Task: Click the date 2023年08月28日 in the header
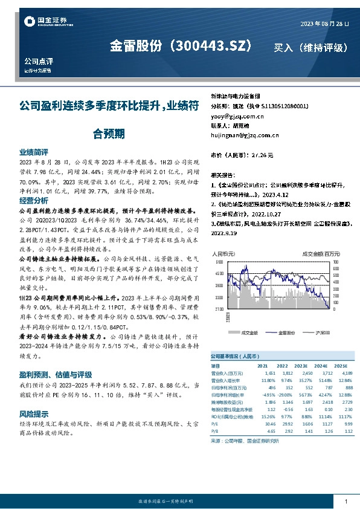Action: pos(325,24)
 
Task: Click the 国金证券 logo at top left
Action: pos(46,22)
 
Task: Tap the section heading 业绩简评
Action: pos(33,152)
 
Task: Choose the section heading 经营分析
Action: pos(33,200)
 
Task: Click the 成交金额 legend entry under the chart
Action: pos(249,332)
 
